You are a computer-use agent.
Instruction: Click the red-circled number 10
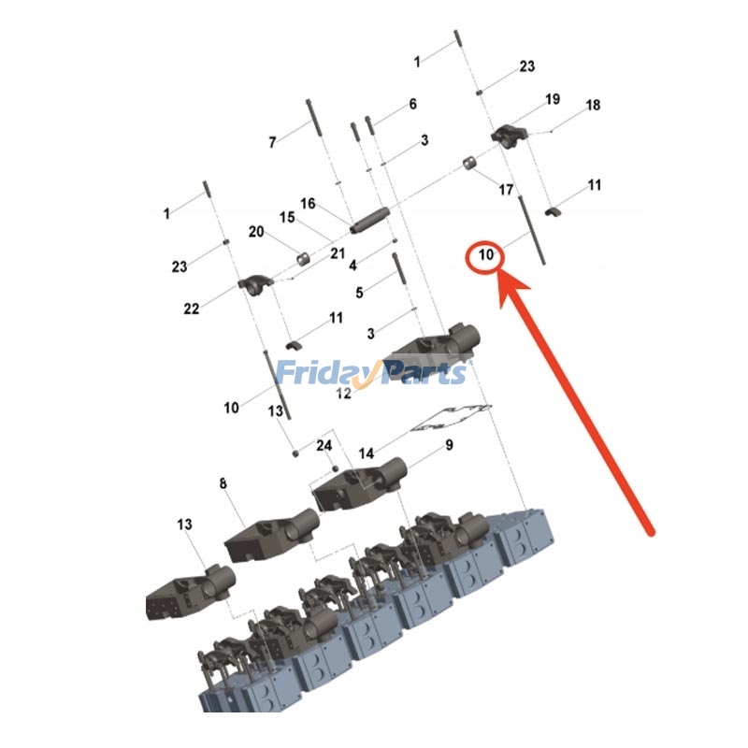click(485, 254)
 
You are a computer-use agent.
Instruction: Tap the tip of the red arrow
click(499, 271)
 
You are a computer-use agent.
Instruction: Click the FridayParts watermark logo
click(371, 373)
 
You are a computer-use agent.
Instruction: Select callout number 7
click(272, 142)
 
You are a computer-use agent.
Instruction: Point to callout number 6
click(413, 104)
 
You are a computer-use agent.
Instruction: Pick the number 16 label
click(309, 204)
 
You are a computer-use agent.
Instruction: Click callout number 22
click(192, 309)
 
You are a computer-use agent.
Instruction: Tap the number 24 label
click(324, 446)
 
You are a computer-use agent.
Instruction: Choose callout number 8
click(223, 483)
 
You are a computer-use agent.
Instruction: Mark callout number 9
click(450, 445)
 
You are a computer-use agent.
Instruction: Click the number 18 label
click(593, 105)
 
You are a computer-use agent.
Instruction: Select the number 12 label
click(343, 394)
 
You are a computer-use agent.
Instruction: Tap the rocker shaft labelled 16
click(369, 221)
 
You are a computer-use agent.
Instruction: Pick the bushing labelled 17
click(469, 163)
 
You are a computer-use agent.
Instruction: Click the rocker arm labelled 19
click(509, 136)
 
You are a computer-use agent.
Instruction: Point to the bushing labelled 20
click(303, 259)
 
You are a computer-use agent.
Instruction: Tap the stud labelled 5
click(399, 269)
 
